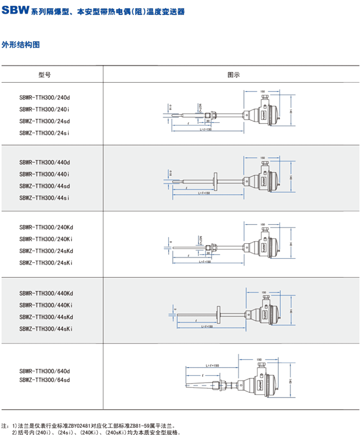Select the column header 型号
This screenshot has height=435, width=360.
[x=45, y=75]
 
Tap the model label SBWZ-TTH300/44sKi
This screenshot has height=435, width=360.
[x=46, y=328]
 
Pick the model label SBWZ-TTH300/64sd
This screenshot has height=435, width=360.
[x=44, y=380]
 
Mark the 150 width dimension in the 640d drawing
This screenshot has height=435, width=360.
[x=259, y=359]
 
